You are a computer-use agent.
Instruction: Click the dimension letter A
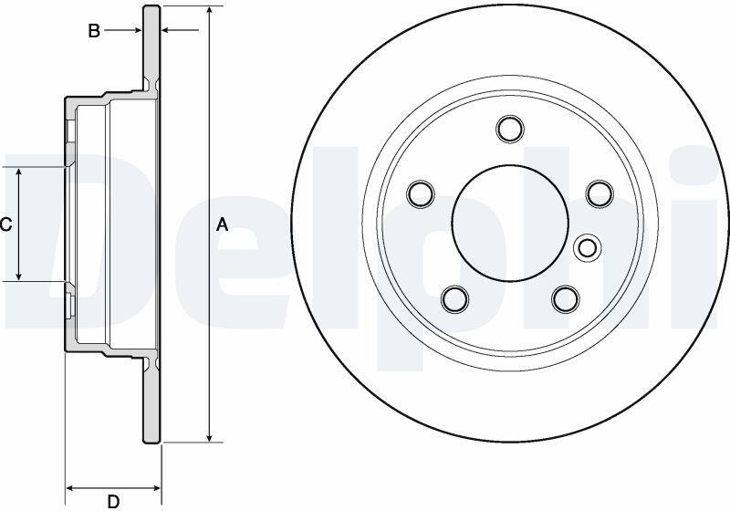pyautogui.click(x=223, y=224)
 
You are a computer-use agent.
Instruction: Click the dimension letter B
pyautogui.click(x=94, y=31)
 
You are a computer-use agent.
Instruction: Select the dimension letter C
pyautogui.click(x=5, y=224)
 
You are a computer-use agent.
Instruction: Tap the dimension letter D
pyautogui.click(x=113, y=501)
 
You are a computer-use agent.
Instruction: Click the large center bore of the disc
pyautogui.click(x=510, y=223)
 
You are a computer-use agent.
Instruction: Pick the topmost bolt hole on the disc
pyautogui.click(x=510, y=129)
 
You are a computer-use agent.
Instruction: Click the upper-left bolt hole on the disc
pyautogui.click(x=421, y=193)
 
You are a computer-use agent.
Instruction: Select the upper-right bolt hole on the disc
pyautogui.click(x=600, y=193)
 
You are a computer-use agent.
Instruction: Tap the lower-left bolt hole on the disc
pyautogui.click(x=454, y=298)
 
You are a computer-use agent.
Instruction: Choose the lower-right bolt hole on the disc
pyautogui.click(x=566, y=298)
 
